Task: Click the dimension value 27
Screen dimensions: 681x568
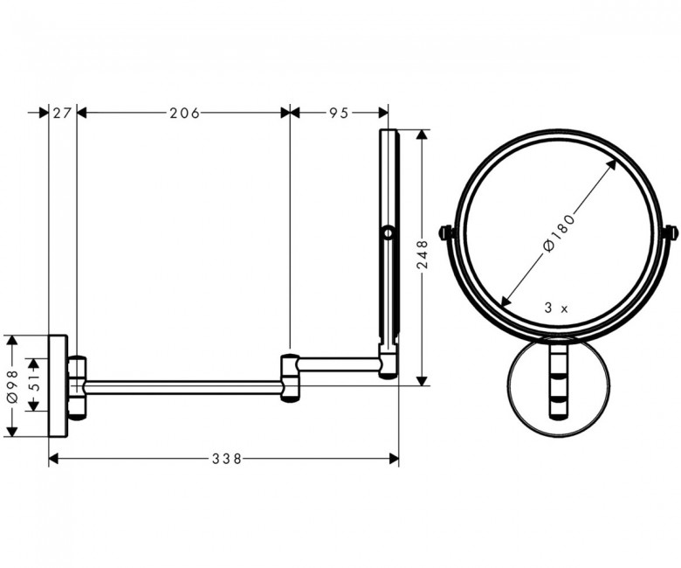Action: pyautogui.click(x=62, y=113)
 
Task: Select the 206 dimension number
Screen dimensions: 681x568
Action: pyautogui.click(x=184, y=113)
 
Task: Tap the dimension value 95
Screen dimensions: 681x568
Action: pyautogui.click(x=339, y=113)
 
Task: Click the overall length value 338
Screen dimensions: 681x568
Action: pyautogui.click(x=227, y=458)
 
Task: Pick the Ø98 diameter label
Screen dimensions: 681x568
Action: pyautogui.click(x=13, y=386)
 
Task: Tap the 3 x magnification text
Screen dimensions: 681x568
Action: pyautogui.click(x=556, y=308)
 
